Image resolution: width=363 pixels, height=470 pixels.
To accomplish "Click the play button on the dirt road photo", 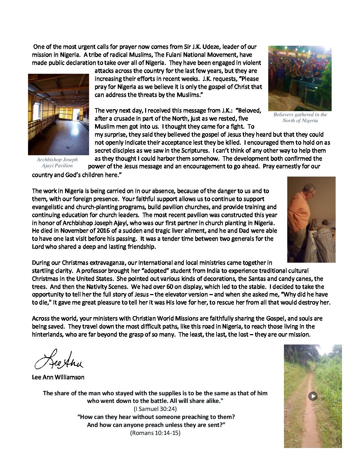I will point(313,396).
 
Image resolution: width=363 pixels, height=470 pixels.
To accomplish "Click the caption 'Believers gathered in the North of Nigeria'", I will point(300,117).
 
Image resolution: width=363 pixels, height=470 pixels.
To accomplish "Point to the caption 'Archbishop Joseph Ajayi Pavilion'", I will point(57,163).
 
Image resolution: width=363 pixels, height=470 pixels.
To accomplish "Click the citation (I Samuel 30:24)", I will point(155,409).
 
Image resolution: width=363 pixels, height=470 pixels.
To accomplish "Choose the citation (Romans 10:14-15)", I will point(155,433).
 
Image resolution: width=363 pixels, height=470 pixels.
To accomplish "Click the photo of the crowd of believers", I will point(300,78).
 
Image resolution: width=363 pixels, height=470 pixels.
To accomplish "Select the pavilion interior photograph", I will point(58,114).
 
